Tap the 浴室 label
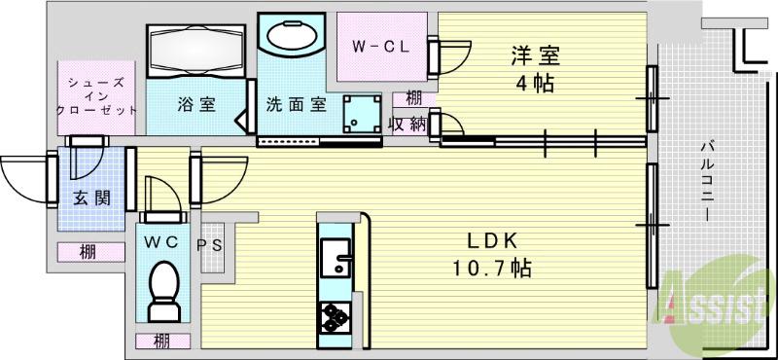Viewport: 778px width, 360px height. pyautogui.click(x=195, y=105)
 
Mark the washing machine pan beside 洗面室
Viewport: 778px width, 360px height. pyautogui.click(x=362, y=115)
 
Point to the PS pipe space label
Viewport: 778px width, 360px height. pyautogui.click(x=210, y=245)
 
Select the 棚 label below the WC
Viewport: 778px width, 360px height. pyautogui.click(x=159, y=341)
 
